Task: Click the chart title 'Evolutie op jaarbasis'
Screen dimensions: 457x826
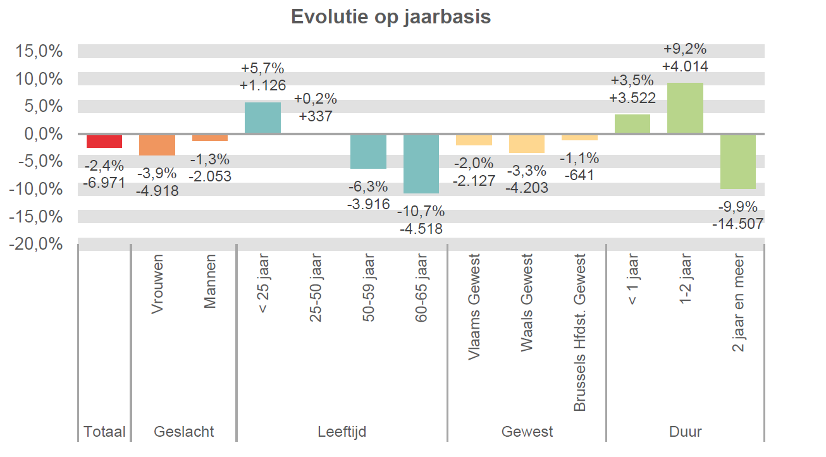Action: (391, 17)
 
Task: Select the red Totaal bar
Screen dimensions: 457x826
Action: (104, 141)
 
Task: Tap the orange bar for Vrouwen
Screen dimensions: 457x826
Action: (157, 145)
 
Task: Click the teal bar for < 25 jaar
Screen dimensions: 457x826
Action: (262, 118)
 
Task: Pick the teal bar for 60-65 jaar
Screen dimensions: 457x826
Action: (421, 163)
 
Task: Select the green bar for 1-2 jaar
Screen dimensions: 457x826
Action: (685, 108)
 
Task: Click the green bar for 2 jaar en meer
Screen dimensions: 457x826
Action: (738, 161)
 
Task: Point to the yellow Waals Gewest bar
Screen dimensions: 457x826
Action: (527, 143)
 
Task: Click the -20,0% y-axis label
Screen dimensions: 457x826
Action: (37, 244)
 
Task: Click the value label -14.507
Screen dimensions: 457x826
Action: (737, 224)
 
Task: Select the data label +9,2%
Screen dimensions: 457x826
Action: (685, 49)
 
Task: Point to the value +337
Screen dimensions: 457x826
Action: (316, 116)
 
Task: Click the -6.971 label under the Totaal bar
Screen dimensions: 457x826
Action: (104, 183)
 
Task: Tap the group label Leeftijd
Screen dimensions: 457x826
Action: (342, 432)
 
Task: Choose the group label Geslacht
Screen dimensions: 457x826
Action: (184, 432)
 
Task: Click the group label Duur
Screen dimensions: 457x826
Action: (685, 432)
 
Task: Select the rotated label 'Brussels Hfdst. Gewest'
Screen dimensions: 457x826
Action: (580, 333)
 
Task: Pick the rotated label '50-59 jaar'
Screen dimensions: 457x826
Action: (369, 288)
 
